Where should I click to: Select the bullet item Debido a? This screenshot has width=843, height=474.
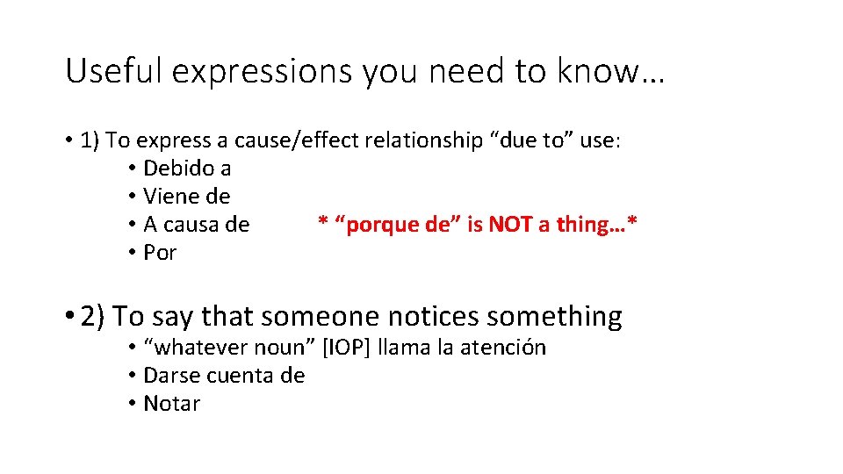[187, 168]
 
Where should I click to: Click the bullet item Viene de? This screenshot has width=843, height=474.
[186, 196]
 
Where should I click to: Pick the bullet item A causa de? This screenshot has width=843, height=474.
[196, 224]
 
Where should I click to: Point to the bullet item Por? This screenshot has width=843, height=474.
[160, 252]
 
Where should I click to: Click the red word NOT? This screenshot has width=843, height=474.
[509, 224]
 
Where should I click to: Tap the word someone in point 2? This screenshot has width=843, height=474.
[311, 316]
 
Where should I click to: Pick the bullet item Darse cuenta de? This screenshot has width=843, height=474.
[224, 376]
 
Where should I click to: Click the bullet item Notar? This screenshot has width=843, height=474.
[171, 404]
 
